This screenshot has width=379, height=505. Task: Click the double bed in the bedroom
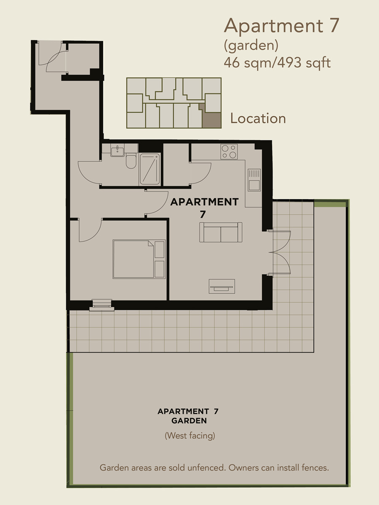click(139, 259)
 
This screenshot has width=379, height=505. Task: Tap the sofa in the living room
click(221, 232)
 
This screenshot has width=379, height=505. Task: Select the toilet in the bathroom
click(131, 162)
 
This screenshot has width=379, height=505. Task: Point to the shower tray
click(149, 169)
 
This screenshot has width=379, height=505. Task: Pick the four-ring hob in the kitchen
click(229, 151)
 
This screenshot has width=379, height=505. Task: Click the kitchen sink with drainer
click(254, 180)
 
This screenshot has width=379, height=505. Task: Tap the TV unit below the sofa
click(222, 287)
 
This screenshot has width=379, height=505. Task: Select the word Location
click(258, 118)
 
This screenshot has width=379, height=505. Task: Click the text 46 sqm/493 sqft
click(277, 63)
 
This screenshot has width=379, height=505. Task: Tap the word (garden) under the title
click(251, 46)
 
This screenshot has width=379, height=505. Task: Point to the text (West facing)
click(190, 436)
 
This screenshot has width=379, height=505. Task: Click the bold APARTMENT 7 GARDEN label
click(188, 416)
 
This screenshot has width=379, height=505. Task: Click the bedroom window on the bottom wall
click(102, 305)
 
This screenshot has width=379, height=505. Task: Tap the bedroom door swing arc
click(94, 236)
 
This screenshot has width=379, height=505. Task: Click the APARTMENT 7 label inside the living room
click(204, 208)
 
